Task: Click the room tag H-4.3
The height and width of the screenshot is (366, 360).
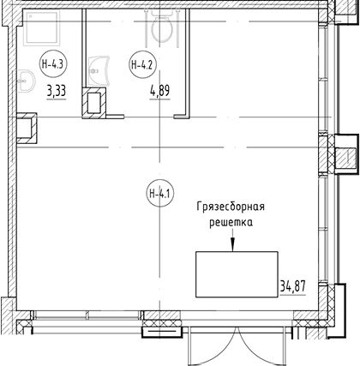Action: pyautogui.click(x=52, y=64)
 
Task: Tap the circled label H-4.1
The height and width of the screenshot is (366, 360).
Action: pyautogui.click(x=160, y=195)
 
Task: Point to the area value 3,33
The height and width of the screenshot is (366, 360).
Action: pyautogui.click(x=57, y=92)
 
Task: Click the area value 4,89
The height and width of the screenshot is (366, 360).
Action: pyautogui.click(x=160, y=92)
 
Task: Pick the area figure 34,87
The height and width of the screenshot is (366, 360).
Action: pyautogui.click(x=293, y=286)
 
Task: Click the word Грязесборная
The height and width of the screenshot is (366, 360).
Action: pyautogui.click(x=231, y=207)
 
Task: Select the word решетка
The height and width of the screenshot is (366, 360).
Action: pyautogui.click(x=231, y=222)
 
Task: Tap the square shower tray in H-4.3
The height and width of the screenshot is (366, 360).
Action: pyautogui.click(x=41, y=27)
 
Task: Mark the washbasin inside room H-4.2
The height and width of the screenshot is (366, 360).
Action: pyautogui.click(x=99, y=71)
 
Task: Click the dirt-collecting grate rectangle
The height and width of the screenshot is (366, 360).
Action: pyautogui.click(x=237, y=274)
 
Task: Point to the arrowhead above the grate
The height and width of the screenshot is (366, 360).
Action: pyautogui.click(x=232, y=245)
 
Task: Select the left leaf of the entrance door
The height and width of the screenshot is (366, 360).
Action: pyautogui.click(x=213, y=346)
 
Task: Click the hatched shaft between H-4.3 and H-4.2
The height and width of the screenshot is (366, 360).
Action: pyautogui.click(x=94, y=103)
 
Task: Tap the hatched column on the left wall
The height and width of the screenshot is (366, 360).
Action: pyautogui.click(x=27, y=128)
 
